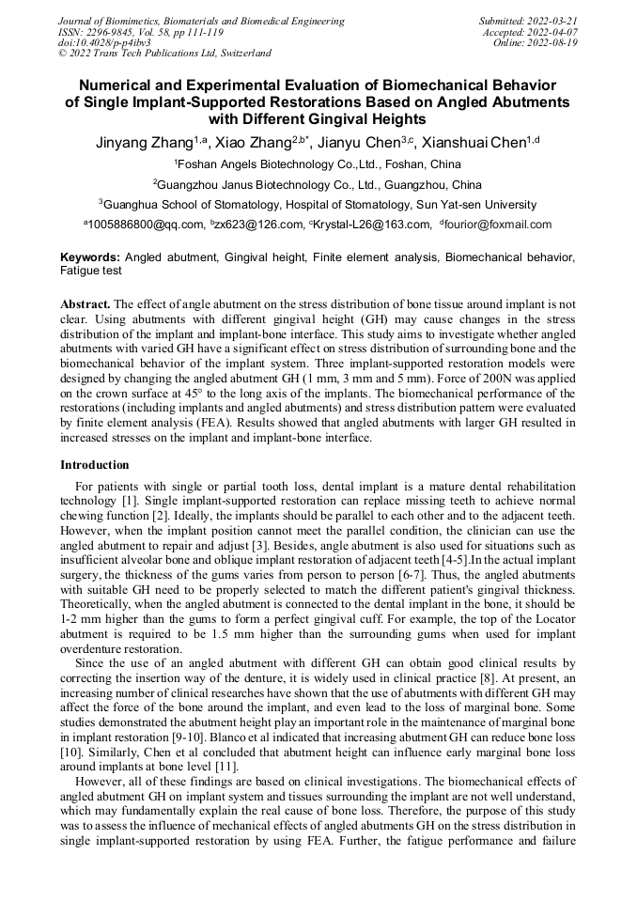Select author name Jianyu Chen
pos(359,144)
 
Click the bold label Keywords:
pos(90,256)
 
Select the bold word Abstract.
pos(85,304)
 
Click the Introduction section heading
pos(95,465)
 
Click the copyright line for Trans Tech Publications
pos(164,54)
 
